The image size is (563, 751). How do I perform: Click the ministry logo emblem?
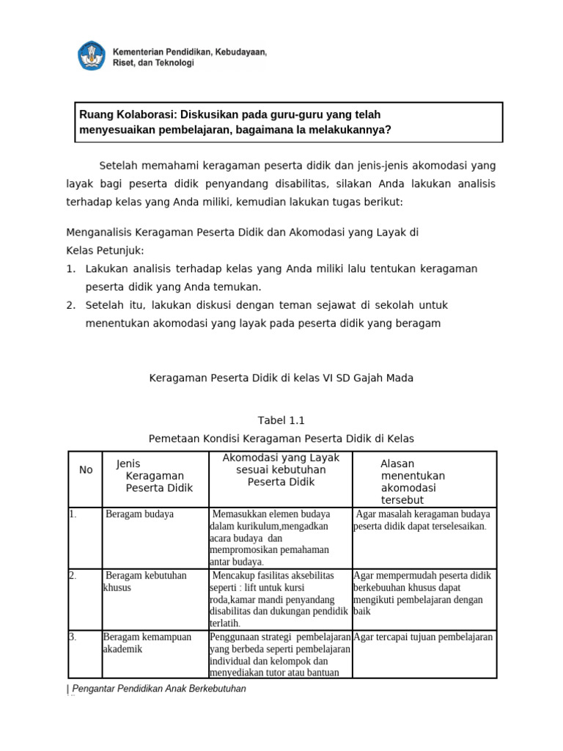92,56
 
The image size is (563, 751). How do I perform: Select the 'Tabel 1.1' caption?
281,420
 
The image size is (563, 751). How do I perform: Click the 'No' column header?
86,469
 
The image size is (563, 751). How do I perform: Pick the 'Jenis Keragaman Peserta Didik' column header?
154,475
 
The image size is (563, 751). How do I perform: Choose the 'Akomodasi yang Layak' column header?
281,470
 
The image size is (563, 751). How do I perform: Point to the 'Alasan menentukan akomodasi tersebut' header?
413,482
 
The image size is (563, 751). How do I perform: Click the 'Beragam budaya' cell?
140,514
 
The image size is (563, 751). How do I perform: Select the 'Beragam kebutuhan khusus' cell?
145,582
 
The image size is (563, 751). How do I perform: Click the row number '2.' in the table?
73,576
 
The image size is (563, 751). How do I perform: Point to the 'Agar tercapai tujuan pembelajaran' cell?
423,637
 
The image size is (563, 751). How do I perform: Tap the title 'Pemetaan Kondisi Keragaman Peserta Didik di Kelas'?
281,439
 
